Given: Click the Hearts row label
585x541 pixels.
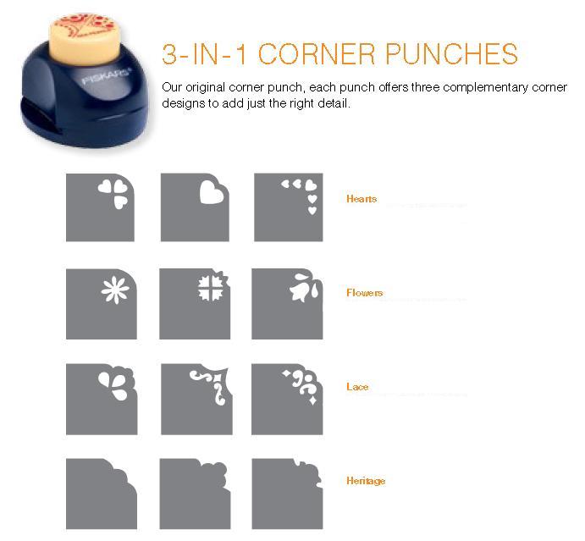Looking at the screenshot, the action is coord(361,198).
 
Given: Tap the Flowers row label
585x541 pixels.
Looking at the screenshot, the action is coord(364,293).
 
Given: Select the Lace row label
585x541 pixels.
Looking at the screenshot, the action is coord(357,387).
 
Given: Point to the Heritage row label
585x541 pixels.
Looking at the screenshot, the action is coord(366,481).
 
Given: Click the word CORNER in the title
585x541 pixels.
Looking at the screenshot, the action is coord(317,53).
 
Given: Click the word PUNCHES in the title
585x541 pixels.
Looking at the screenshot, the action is coord(451,53).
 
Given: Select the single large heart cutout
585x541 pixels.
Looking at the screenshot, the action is coord(211,192).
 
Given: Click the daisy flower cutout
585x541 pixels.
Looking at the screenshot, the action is coord(115,290).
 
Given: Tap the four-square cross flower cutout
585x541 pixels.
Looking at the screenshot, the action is coord(211,288).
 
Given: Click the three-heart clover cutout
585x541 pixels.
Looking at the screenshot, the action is coord(113,193).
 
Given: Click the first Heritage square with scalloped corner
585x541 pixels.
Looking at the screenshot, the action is coord(102,494).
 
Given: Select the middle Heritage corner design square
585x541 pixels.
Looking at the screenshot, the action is coord(195,494).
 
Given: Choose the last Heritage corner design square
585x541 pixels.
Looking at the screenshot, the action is coord(287,494).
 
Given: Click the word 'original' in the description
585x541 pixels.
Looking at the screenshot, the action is coord(205,88).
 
